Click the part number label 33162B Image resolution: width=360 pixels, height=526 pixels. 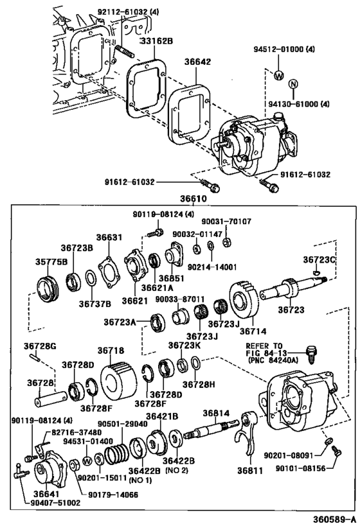[156, 41]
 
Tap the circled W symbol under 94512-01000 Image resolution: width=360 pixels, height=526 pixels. [279, 75]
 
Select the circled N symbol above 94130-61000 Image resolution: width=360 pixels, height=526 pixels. [294, 84]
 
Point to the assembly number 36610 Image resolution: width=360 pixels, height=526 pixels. [193, 199]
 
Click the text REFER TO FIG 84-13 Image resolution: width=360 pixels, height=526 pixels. [264, 349]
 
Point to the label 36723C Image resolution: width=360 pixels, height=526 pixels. [319, 259]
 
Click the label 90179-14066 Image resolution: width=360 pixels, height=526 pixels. [113, 495]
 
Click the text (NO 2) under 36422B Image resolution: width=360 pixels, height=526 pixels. [177, 470]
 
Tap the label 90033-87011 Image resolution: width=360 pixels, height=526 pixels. [180, 299]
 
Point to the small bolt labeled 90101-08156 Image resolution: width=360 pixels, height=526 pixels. [336, 450]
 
